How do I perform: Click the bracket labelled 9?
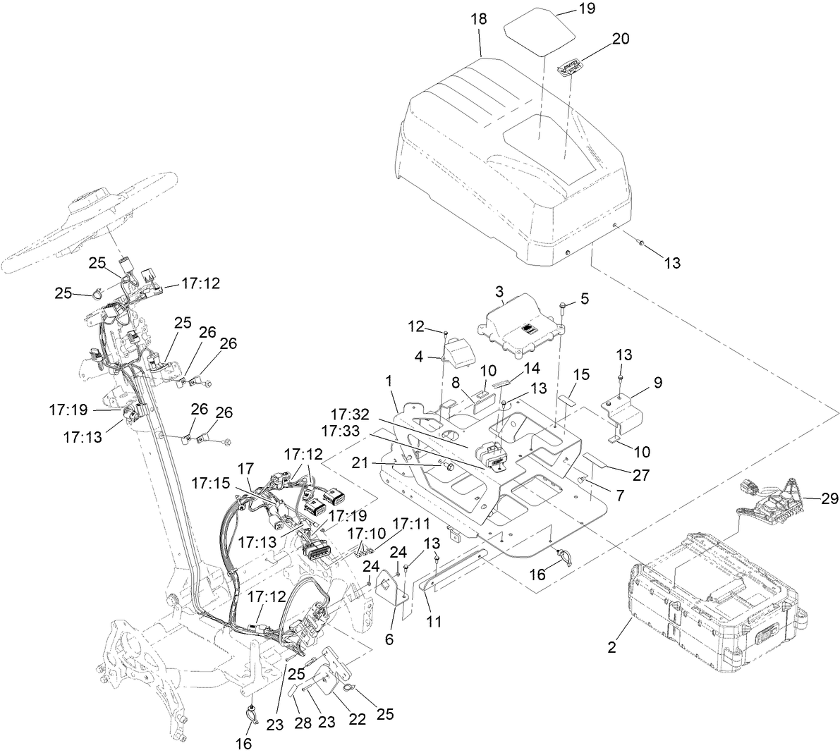point(626,408)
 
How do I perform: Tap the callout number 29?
point(829,498)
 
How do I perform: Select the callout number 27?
point(640,474)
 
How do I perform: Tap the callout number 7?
point(619,496)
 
